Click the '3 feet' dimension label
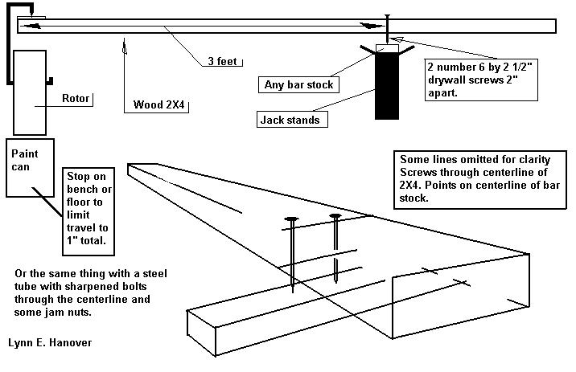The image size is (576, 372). point(220,61)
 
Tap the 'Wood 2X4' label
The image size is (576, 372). point(159,104)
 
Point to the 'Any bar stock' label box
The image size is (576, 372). point(298,84)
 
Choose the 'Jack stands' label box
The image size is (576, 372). point(289,121)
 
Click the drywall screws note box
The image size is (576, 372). point(479,79)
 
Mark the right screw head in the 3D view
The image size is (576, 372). point(335,216)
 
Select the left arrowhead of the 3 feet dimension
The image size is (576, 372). point(32,26)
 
